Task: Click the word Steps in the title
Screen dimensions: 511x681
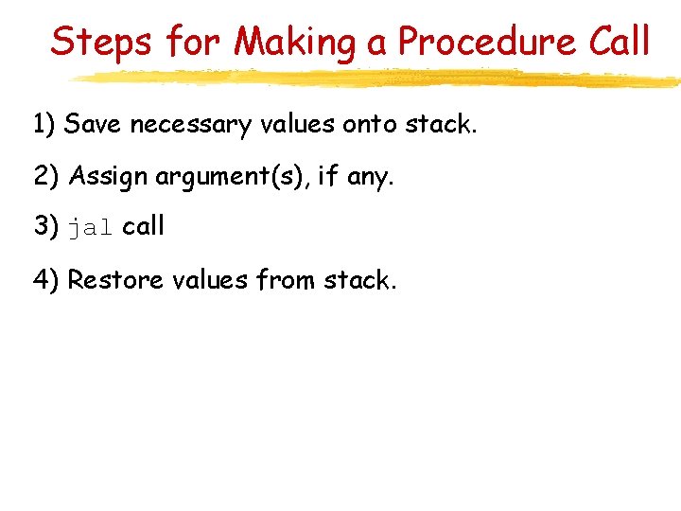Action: tap(101, 42)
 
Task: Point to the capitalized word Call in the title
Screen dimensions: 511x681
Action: tap(618, 42)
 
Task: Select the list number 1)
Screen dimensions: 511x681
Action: tap(44, 123)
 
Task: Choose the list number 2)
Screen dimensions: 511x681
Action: tap(45, 175)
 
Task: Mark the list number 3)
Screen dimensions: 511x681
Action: tap(45, 227)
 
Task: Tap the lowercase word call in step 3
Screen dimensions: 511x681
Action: tap(144, 226)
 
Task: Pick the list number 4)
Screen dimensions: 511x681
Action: tap(45, 280)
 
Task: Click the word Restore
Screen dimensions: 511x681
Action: tap(113, 280)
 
